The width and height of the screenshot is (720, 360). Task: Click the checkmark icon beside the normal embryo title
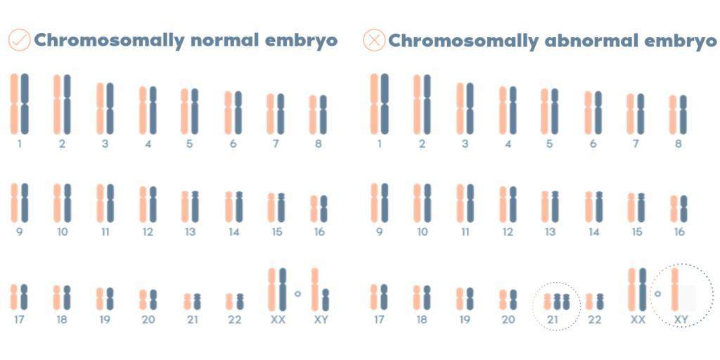click(x=19, y=40)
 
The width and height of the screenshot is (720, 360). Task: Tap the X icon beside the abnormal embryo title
click(x=374, y=40)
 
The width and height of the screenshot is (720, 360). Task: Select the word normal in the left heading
click(x=226, y=40)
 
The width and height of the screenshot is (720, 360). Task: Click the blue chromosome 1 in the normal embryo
click(x=25, y=103)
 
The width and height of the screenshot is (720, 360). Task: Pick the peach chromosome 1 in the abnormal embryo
click(x=375, y=103)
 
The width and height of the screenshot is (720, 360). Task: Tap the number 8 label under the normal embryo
click(x=319, y=144)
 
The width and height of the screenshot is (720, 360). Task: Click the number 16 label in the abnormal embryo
click(x=679, y=231)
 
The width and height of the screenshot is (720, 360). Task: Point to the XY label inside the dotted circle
click(x=681, y=319)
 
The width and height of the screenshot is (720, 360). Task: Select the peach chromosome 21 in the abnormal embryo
click(x=548, y=302)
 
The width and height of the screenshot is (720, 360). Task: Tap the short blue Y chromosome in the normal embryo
click(x=326, y=300)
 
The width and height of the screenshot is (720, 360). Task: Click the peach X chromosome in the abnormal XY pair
click(x=675, y=289)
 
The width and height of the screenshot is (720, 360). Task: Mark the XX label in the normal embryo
click(x=277, y=319)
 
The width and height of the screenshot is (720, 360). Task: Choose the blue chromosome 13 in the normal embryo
click(x=195, y=207)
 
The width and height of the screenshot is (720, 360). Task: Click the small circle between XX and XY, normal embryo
click(x=297, y=293)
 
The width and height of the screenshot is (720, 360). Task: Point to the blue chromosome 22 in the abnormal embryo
click(x=600, y=302)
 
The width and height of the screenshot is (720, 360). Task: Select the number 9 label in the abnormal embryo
click(x=379, y=231)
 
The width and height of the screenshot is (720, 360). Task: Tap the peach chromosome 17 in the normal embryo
click(x=14, y=297)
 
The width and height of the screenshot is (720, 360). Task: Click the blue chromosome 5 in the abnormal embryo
click(x=555, y=111)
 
